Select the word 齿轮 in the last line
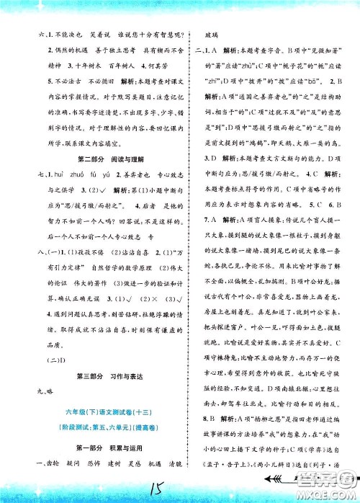[x=53, y=465]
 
